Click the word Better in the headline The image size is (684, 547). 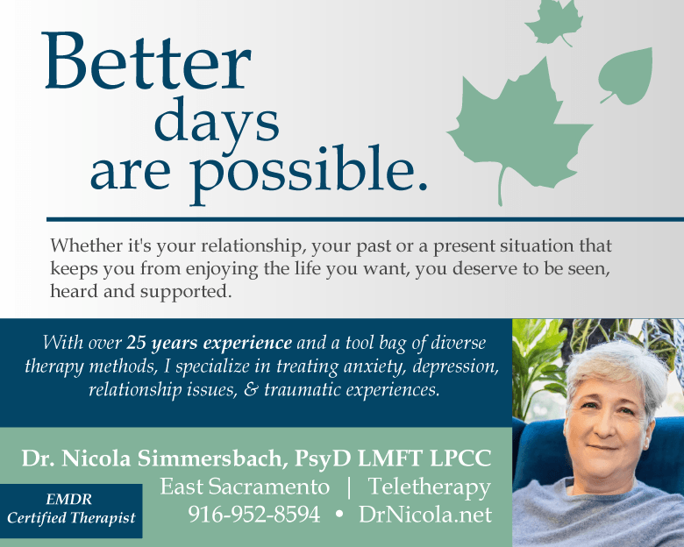point(147,61)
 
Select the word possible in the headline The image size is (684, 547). point(309,174)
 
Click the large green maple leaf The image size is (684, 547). point(520,131)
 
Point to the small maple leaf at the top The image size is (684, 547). point(554,22)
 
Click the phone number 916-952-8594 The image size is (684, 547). point(254,515)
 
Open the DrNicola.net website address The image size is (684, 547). point(425,515)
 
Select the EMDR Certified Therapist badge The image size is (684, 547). point(71,510)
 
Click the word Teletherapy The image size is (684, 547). point(430,487)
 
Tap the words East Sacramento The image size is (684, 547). point(245,487)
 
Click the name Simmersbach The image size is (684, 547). point(212,458)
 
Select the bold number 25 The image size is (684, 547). point(136,344)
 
